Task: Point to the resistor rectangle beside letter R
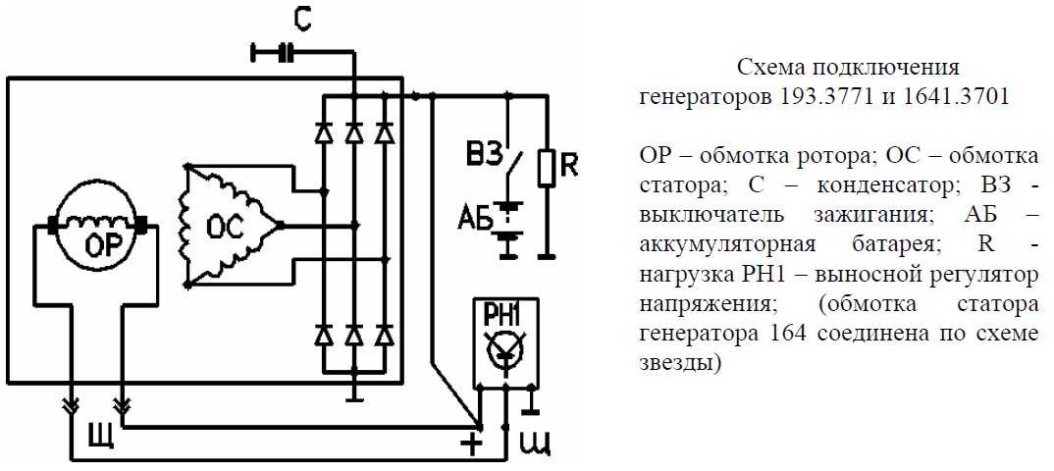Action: pos(547,168)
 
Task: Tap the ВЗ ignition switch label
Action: pos(483,155)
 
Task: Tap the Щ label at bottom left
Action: pos(101,436)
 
